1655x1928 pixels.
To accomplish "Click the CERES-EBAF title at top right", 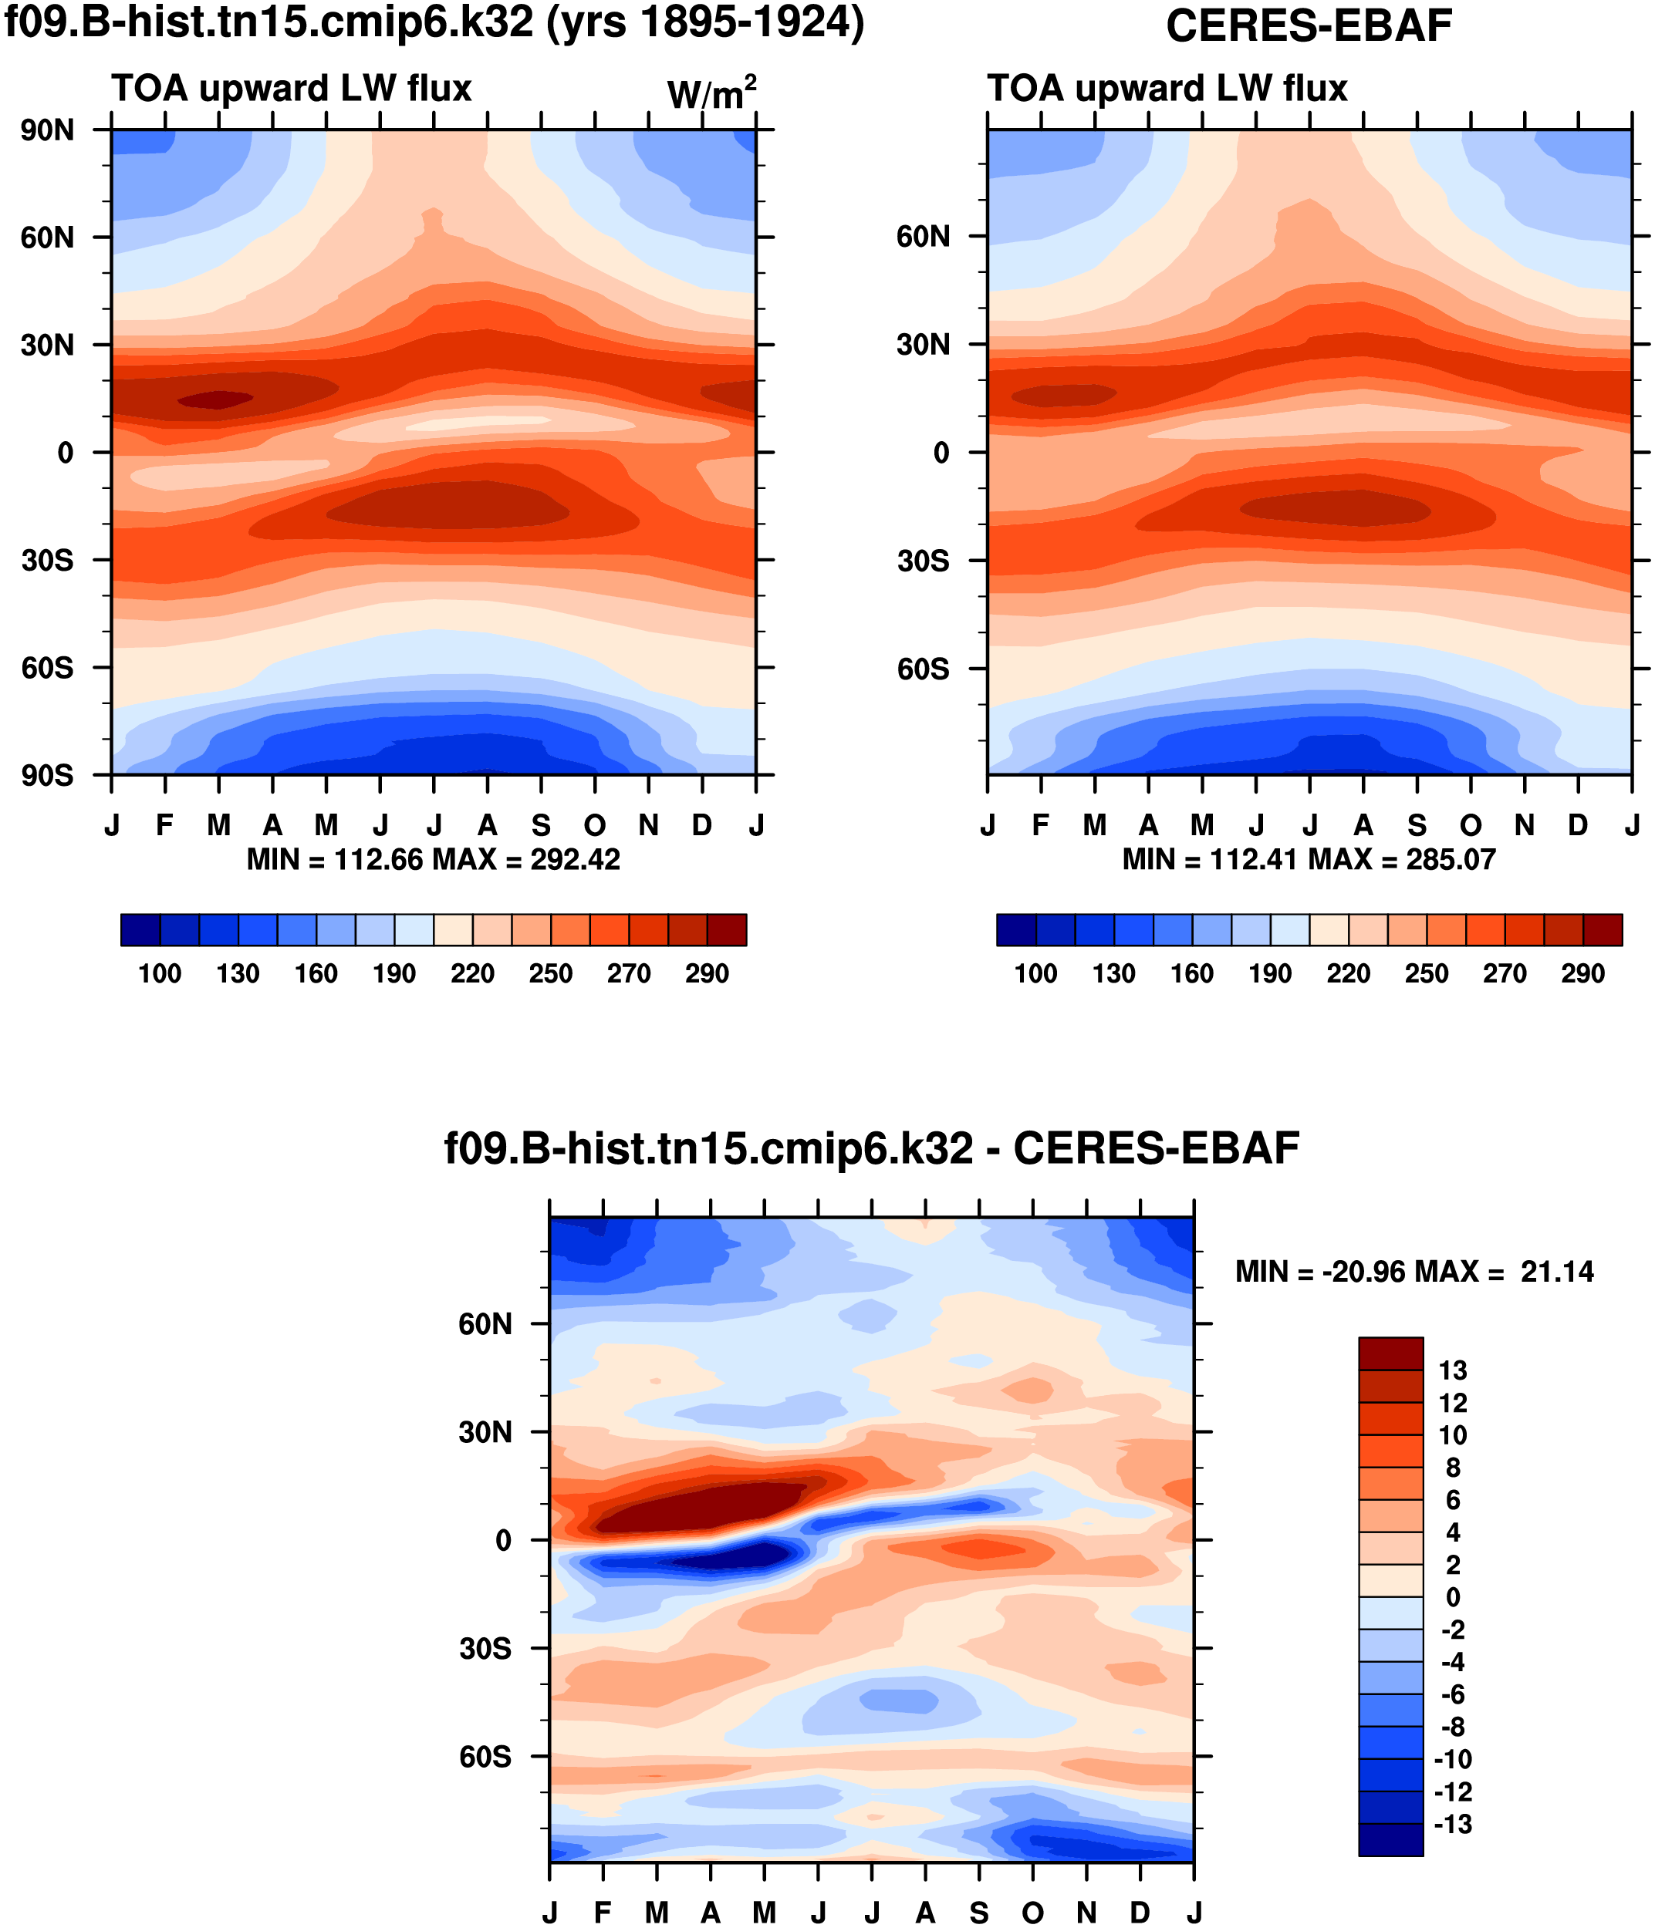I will [x=1308, y=26].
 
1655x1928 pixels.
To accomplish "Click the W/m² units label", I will [x=711, y=93].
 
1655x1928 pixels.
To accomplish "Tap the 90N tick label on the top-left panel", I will [x=48, y=130].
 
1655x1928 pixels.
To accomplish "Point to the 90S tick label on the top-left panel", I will [x=48, y=775].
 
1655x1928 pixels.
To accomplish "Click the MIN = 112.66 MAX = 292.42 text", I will [x=433, y=859].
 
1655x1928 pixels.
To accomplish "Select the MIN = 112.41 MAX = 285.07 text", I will [x=1309, y=859].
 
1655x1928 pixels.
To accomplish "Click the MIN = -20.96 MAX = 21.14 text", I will [x=1414, y=1271].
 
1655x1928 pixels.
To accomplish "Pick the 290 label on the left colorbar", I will [x=707, y=973].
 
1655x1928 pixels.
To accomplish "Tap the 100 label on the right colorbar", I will [x=1035, y=973].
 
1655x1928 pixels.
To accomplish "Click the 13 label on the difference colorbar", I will [x=1452, y=1370].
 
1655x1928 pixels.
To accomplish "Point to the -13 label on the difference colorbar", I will [x=1452, y=1824].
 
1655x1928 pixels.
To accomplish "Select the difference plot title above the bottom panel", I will [x=871, y=1148].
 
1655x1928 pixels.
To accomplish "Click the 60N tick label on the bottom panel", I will [x=485, y=1324].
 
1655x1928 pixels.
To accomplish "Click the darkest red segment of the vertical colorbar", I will [x=1390, y=1354].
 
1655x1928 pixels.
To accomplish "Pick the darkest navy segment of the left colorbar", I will [x=140, y=929].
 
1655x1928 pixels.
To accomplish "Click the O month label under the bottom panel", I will [x=1032, y=1913].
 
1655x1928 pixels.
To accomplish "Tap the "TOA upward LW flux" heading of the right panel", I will [x=1167, y=89].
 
